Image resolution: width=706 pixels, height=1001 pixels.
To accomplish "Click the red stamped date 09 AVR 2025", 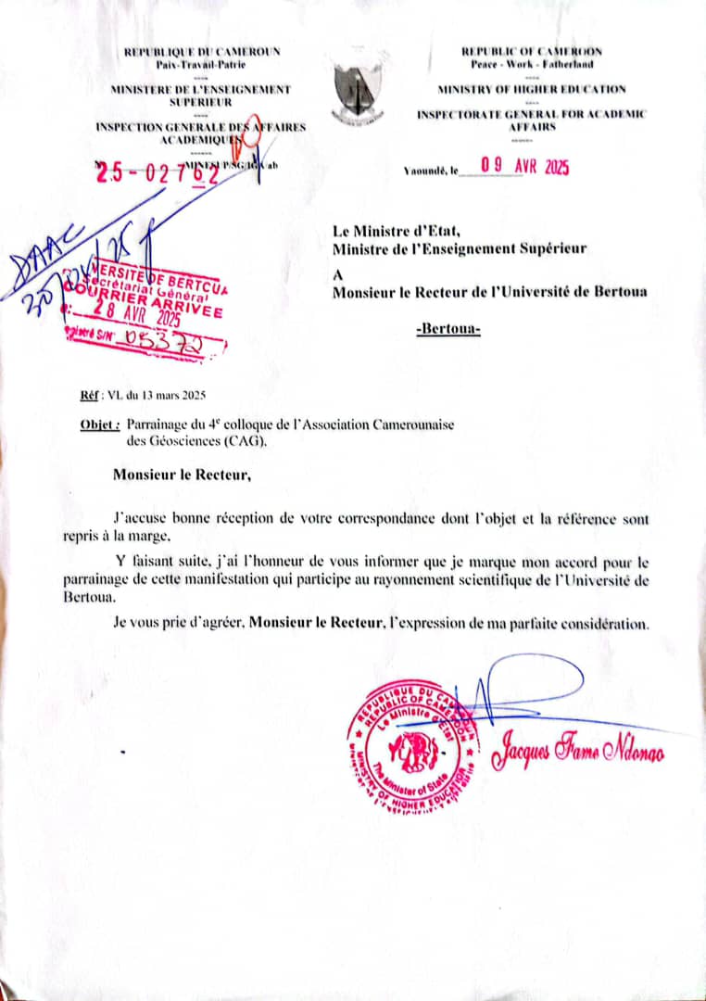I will click(523, 167).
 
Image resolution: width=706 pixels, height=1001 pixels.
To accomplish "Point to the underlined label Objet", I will click(99, 424).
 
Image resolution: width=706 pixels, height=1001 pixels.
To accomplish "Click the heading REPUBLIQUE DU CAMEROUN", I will click(202, 52).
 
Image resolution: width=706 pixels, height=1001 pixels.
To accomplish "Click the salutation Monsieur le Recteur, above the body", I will click(182, 476).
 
